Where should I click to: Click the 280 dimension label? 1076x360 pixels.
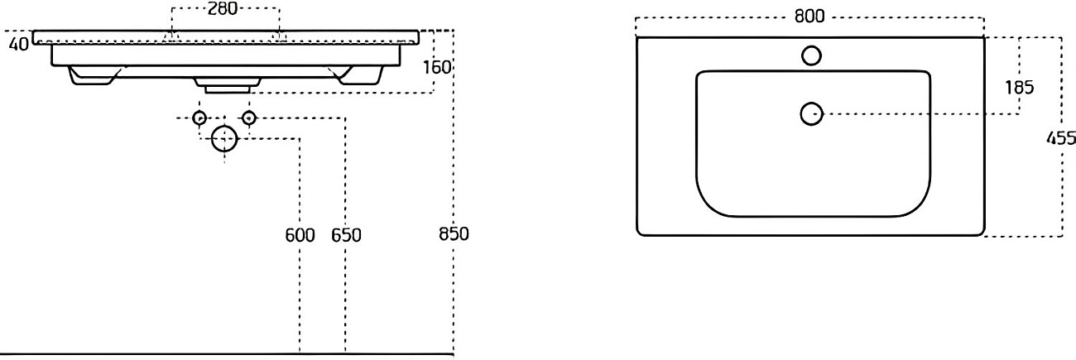click(223, 9)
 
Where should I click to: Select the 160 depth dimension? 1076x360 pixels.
click(438, 67)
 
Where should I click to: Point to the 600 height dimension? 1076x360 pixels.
click(300, 235)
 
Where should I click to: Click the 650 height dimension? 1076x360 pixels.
click(346, 235)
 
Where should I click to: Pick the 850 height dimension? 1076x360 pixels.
click(454, 234)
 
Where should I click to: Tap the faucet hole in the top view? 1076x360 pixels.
click(811, 55)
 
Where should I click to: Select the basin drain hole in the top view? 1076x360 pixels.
click(811, 113)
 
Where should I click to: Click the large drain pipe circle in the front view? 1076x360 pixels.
click(224, 140)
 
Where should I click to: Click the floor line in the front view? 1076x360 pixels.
click(228, 355)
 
